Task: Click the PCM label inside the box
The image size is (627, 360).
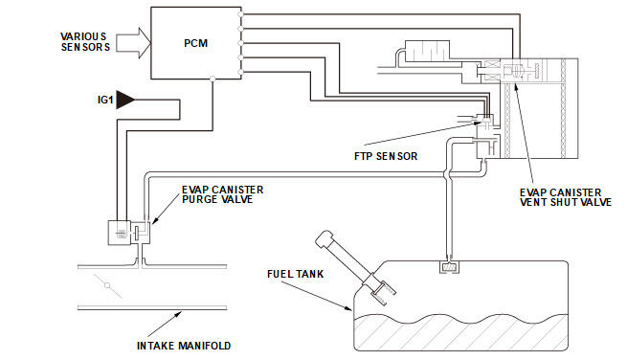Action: click(195, 43)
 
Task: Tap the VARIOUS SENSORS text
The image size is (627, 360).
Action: click(85, 42)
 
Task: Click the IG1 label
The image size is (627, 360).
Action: click(105, 100)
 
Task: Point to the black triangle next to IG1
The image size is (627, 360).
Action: click(124, 100)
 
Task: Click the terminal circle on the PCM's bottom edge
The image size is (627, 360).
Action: click(213, 79)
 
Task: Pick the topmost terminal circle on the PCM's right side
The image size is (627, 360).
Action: click(240, 14)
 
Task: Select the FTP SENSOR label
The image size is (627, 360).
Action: click(386, 156)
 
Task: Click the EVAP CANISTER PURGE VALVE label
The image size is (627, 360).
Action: click(223, 194)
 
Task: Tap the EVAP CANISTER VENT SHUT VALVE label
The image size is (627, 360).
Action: click(566, 197)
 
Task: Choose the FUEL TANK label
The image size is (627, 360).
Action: click(296, 274)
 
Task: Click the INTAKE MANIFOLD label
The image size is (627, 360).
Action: click(184, 346)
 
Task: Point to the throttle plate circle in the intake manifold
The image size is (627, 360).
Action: click(107, 285)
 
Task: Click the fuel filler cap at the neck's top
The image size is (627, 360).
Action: click(324, 237)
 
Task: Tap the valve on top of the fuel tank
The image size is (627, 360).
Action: click(450, 267)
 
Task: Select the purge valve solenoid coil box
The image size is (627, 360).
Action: click(119, 233)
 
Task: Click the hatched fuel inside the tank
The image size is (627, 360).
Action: click(460, 331)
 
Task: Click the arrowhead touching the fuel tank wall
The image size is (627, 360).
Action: click(347, 307)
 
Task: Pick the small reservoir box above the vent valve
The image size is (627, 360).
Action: click(428, 51)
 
